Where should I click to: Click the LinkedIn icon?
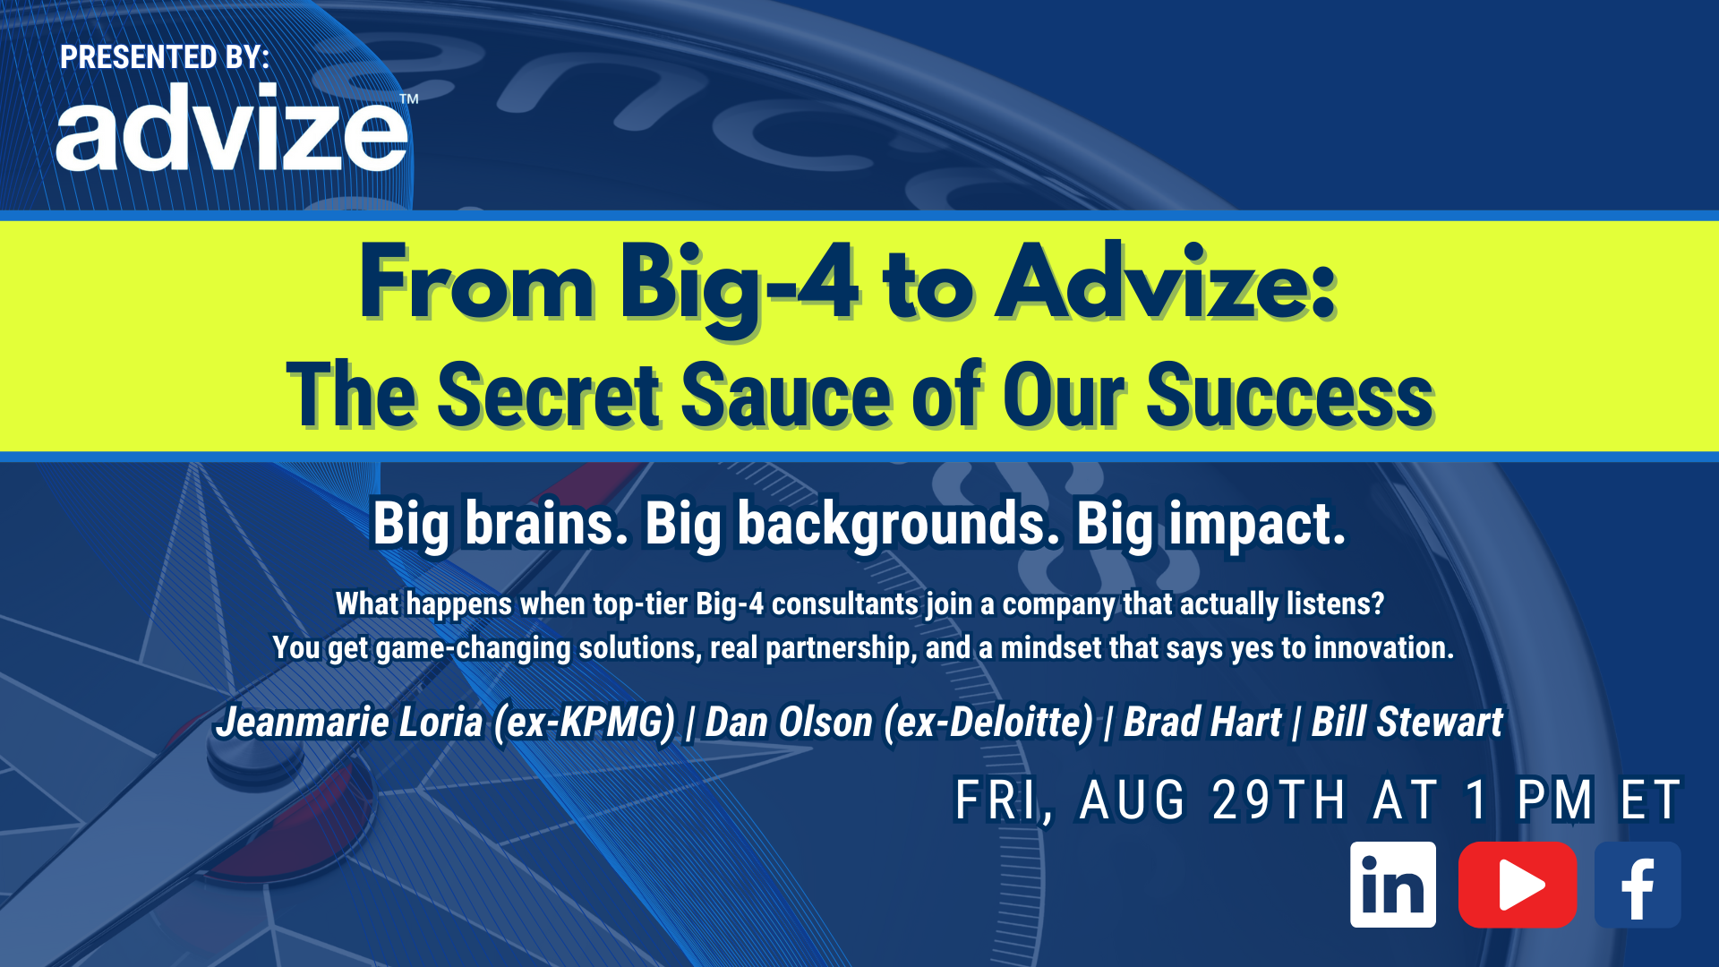(x=1392, y=885)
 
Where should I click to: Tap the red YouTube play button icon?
(x=1518, y=885)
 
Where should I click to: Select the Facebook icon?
(x=1638, y=885)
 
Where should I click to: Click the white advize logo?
(x=232, y=127)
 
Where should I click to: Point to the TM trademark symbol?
(x=409, y=98)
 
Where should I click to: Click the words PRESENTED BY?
(x=164, y=57)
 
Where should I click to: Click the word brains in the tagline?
(x=546, y=523)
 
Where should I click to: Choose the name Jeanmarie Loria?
(x=349, y=722)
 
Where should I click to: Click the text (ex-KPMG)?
(x=585, y=723)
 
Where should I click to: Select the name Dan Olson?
(x=789, y=722)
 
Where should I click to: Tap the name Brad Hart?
(x=1202, y=722)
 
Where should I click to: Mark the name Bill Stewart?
(x=1407, y=722)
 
